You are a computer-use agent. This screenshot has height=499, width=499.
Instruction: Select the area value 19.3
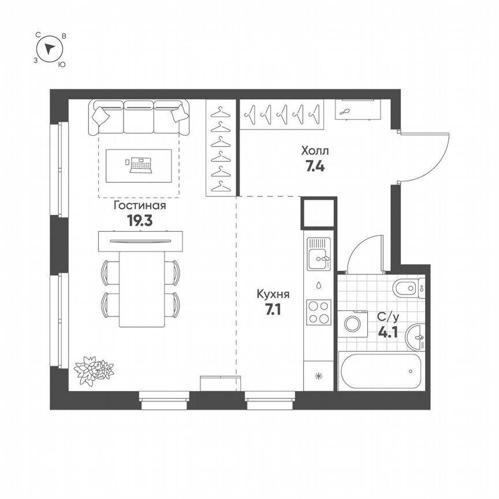point(139,220)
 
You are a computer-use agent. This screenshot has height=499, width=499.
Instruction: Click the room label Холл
point(315,151)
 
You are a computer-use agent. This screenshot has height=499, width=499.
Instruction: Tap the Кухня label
point(273,294)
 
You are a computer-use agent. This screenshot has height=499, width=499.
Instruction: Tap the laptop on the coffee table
point(140,165)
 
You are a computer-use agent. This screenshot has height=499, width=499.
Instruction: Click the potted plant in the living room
point(92,370)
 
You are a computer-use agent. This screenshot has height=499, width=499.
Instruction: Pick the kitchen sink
point(318,254)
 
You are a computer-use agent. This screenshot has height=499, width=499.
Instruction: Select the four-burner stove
point(319,312)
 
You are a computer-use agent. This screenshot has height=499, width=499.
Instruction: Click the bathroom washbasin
point(416,338)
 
